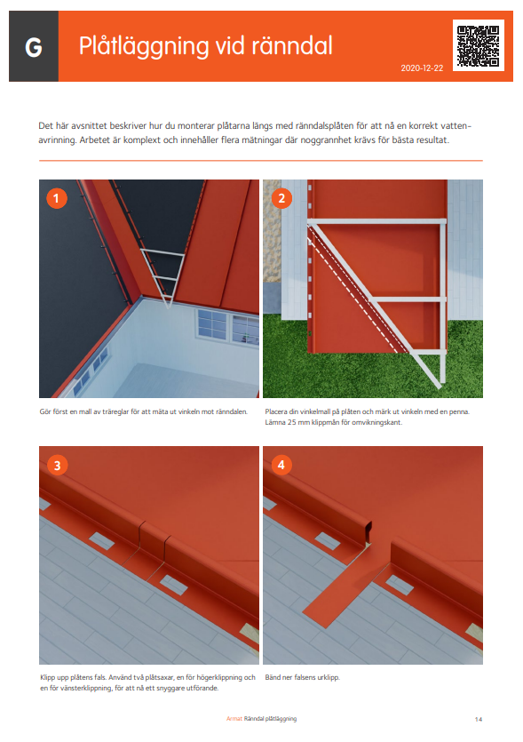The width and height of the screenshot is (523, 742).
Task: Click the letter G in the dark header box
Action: (34, 47)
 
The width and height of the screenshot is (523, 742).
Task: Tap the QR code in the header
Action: (478, 45)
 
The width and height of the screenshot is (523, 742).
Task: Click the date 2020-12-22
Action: (422, 68)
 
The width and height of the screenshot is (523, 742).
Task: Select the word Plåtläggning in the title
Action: (144, 47)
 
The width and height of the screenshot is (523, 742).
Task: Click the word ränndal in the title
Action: (292, 45)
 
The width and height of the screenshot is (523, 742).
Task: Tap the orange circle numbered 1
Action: (57, 198)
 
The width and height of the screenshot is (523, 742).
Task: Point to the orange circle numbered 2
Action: (281, 198)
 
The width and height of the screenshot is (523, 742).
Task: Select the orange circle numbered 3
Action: (57, 466)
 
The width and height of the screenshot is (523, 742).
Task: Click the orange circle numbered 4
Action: (281, 465)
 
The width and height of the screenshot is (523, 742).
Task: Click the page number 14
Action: (479, 719)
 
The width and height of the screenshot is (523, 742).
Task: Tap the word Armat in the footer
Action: (234, 719)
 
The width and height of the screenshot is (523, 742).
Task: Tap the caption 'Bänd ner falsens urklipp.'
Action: (302, 678)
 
